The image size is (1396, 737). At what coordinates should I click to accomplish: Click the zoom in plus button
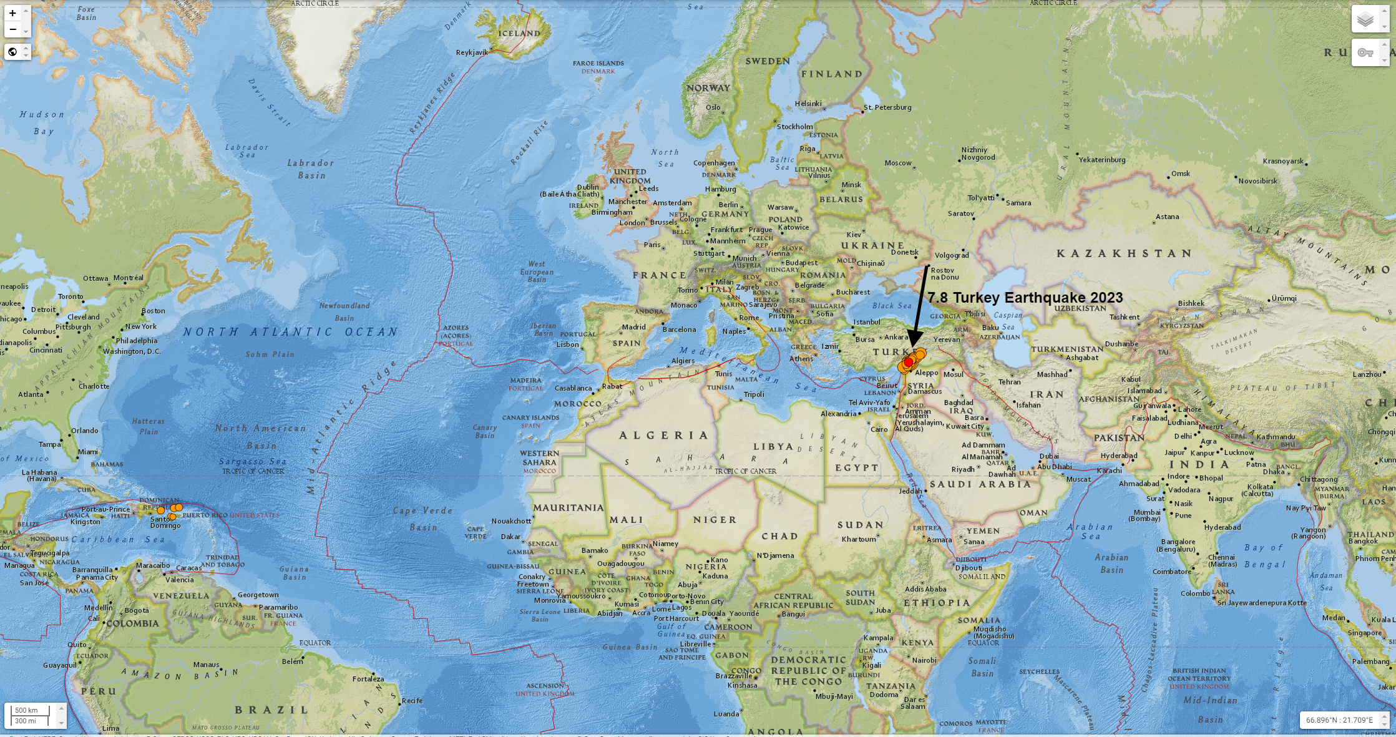pyautogui.click(x=12, y=13)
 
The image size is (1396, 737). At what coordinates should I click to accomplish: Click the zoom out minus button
pyautogui.click(x=12, y=29)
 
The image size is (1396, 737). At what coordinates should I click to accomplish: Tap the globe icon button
pyautogui.click(x=12, y=52)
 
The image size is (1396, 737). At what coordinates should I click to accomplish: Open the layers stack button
pyautogui.click(x=1365, y=19)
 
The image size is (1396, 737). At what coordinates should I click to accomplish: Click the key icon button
pyautogui.click(x=1365, y=52)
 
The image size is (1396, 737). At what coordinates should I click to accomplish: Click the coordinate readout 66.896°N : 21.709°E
pyautogui.click(x=1339, y=720)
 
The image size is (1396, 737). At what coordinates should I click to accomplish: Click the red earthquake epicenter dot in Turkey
pyautogui.click(x=909, y=362)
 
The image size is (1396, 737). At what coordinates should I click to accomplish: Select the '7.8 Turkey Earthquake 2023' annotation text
pyautogui.click(x=1025, y=298)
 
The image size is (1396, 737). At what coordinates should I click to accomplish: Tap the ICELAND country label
pyautogui.click(x=519, y=34)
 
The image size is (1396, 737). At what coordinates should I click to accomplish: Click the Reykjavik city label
pyautogui.click(x=472, y=52)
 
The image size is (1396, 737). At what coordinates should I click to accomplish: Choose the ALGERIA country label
pyautogui.click(x=663, y=436)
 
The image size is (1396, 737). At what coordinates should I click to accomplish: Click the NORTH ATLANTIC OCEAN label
pyautogui.click(x=290, y=332)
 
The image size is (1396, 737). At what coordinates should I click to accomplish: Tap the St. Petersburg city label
pyautogui.click(x=887, y=107)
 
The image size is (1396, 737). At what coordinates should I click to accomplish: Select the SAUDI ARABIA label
pyautogui.click(x=980, y=484)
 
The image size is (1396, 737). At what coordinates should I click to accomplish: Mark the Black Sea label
pyautogui.click(x=891, y=306)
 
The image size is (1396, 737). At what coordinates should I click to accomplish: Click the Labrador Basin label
pyautogui.click(x=311, y=169)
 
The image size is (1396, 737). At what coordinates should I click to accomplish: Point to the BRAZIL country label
pyautogui.click(x=271, y=710)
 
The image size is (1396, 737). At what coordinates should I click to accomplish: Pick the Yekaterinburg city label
pyautogui.click(x=1102, y=160)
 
